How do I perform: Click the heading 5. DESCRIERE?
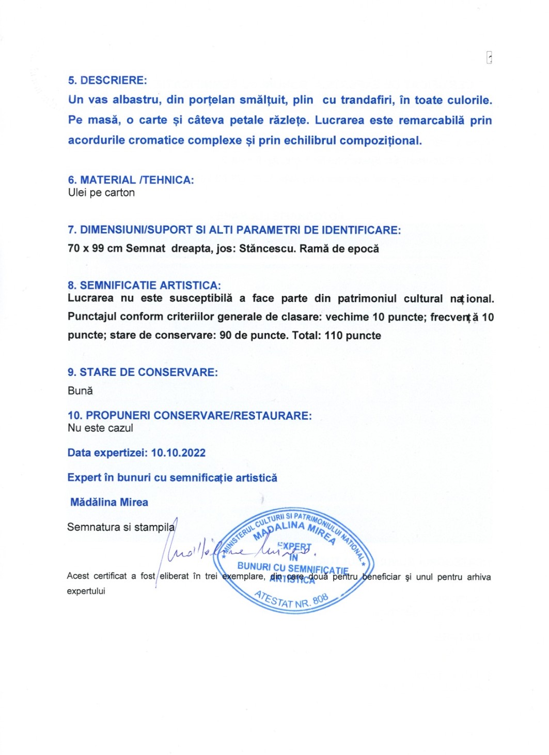click(x=107, y=80)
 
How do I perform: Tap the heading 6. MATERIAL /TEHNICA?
click(x=131, y=180)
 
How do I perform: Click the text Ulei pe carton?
click(x=101, y=193)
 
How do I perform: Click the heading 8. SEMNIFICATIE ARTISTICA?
click(x=144, y=285)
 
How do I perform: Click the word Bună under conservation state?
click(x=80, y=390)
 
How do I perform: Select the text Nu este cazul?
click(x=100, y=428)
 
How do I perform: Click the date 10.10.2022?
click(x=178, y=452)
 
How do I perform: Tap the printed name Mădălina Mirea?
click(x=109, y=502)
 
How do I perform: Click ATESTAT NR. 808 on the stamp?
click(x=292, y=599)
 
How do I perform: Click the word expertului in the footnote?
click(x=86, y=591)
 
